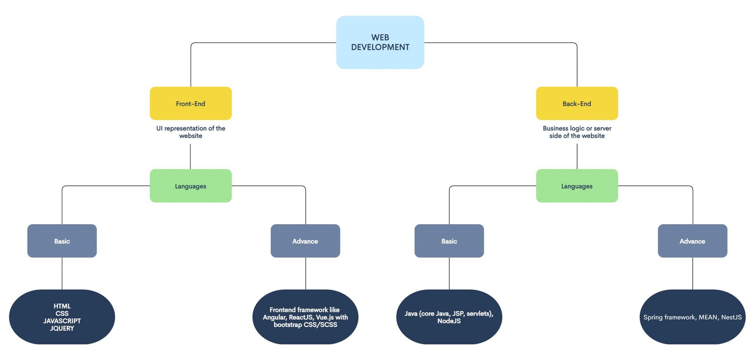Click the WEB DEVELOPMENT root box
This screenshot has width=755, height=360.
(x=380, y=42)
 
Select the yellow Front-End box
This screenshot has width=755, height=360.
(x=191, y=103)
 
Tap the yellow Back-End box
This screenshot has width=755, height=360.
(x=577, y=103)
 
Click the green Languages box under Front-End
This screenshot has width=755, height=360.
(x=191, y=186)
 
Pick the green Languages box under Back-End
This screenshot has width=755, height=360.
(x=577, y=186)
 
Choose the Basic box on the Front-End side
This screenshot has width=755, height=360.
(x=62, y=241)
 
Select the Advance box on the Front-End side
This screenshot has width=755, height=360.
(x=305, y=241)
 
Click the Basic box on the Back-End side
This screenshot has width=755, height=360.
(x=449, y=241)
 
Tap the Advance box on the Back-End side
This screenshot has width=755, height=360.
(x=693, y=241)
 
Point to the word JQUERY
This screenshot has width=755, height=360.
(x=62, y=328)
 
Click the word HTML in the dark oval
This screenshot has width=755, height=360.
(x=62, y=306)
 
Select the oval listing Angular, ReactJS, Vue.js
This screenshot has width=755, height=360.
(x=305, y=317)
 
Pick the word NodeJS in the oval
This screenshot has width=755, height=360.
(x=449, y=321)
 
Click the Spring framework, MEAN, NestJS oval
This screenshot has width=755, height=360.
(x=693, y=317)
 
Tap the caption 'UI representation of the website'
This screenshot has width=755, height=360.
(x=191, y=132)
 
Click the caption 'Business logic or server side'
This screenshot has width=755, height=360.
(x=577, y=132)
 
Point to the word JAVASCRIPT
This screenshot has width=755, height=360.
(x=62, y=321)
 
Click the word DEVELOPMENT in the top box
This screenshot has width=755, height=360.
(x=380, y=47)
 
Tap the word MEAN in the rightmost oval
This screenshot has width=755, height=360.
(x=708, y=317)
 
